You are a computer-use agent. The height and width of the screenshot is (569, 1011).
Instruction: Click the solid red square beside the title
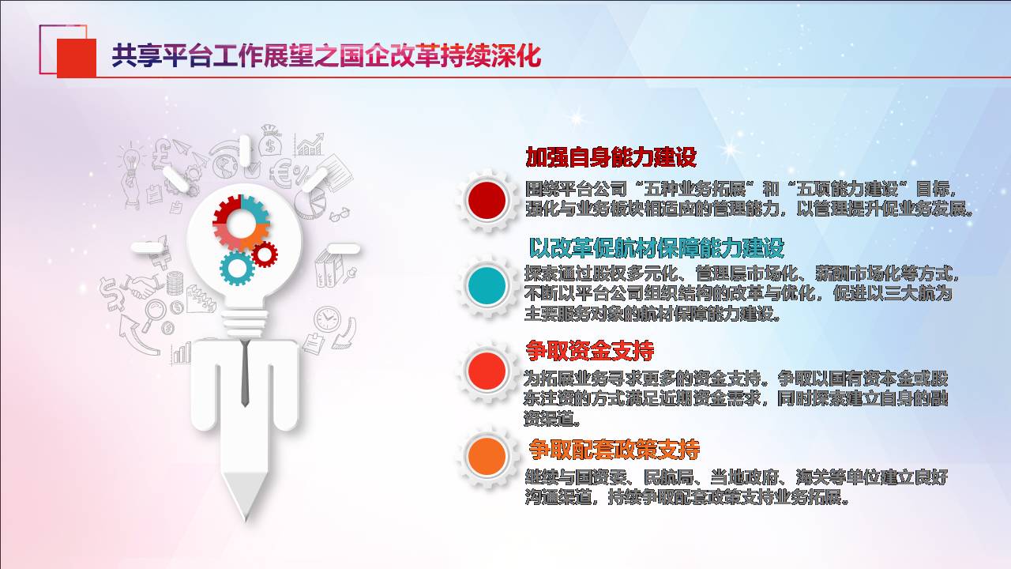(77, 58)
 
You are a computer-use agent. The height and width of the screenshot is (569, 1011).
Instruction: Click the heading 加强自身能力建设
(611, 157)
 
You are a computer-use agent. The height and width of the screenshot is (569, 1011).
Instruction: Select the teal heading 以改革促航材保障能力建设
(656, 247)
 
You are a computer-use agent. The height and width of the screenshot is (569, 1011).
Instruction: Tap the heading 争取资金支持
(589, 350)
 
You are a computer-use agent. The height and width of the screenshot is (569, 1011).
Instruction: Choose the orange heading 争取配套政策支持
(614, 449)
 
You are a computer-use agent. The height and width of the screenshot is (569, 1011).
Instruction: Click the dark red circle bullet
(487, 200)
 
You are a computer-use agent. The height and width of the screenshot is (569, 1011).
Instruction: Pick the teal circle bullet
(487, 285)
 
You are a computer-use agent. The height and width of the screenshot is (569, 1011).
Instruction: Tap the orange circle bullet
(487, 456)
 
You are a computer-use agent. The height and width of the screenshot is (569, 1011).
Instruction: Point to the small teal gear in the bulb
(236, 268)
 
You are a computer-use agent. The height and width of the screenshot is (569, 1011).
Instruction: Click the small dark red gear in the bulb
(265, 254)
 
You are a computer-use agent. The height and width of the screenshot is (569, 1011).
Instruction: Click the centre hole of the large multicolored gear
(241, 223)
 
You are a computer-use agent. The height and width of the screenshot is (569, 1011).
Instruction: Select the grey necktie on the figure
(245, 373)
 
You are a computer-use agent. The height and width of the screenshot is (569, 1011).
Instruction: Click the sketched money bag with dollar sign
(270, 141)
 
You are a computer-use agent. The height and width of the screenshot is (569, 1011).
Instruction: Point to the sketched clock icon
(327, 319)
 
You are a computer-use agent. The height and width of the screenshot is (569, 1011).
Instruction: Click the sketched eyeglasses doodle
(340, 214)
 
